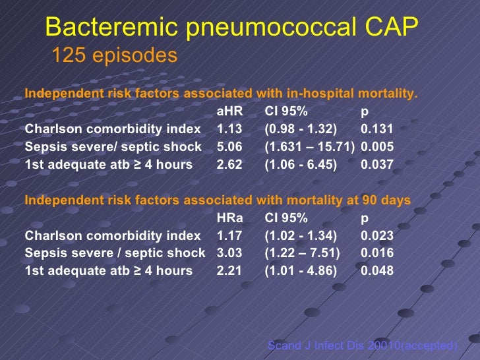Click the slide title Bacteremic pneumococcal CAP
[x=232, y=27]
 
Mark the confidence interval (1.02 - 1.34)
[x=301, y=235]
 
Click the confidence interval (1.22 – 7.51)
[x=302, y=253]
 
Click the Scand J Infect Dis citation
[x=362, y=345]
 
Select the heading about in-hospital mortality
[x=221, y=93]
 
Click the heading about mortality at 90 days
[x=218, y=200]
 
